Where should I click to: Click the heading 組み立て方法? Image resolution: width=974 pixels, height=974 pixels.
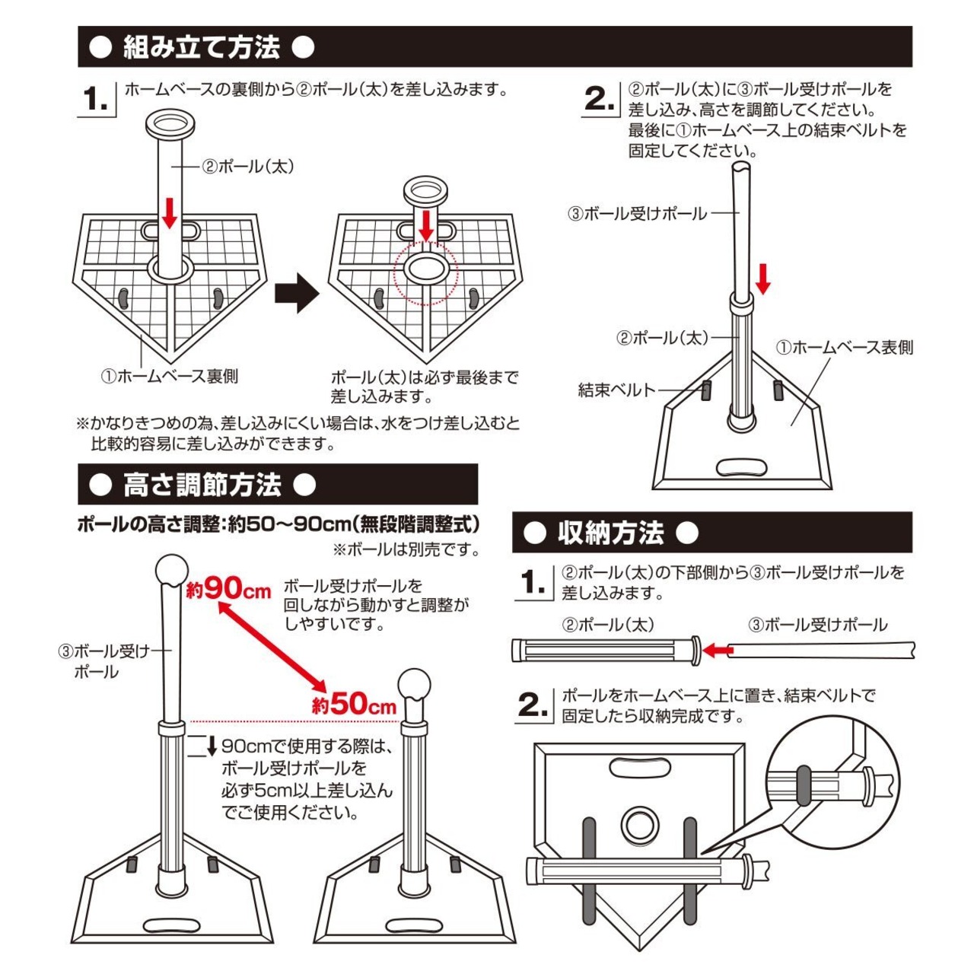click(x=202, y=47)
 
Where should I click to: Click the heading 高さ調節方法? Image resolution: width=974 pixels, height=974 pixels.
click(x=202, y=485)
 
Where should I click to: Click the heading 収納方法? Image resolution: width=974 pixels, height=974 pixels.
click(x=611, y=533)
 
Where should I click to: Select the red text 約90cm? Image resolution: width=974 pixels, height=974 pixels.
click(x=228, y=588)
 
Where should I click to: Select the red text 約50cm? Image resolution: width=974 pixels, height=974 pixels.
click(x=355, y=704)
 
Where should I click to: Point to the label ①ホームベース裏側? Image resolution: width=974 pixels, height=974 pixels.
click(x=170, y=377)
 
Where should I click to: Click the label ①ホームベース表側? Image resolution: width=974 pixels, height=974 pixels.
click(x=845, y=348)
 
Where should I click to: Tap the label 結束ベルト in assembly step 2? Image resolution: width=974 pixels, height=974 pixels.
click(x=616, y=390)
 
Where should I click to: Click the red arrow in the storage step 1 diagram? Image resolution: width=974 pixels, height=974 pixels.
click(x=717, y=651)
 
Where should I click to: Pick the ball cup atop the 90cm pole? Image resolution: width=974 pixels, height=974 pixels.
click(x=171, y=568)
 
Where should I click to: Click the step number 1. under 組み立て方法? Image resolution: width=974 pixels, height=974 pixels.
click(x=97, y=99)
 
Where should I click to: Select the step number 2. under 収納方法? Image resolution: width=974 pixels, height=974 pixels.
click(x=533, y=706)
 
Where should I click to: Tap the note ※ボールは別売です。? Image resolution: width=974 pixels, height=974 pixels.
click(x=406, y=549)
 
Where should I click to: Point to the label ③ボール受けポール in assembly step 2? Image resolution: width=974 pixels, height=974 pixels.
click(x=638, y=214)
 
